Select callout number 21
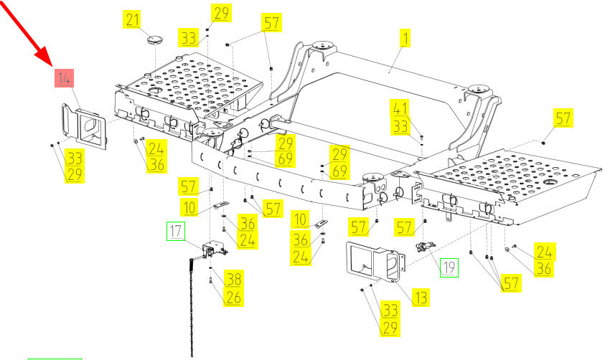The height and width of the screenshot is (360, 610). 131,19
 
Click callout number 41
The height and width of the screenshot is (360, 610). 400,109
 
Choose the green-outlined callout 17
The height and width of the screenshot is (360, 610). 176,231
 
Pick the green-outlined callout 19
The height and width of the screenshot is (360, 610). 449,267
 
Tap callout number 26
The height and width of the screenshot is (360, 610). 233,296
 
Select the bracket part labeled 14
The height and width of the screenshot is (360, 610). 84,127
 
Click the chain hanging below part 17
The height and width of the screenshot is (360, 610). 192,308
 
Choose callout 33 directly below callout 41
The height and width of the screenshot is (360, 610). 400,125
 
